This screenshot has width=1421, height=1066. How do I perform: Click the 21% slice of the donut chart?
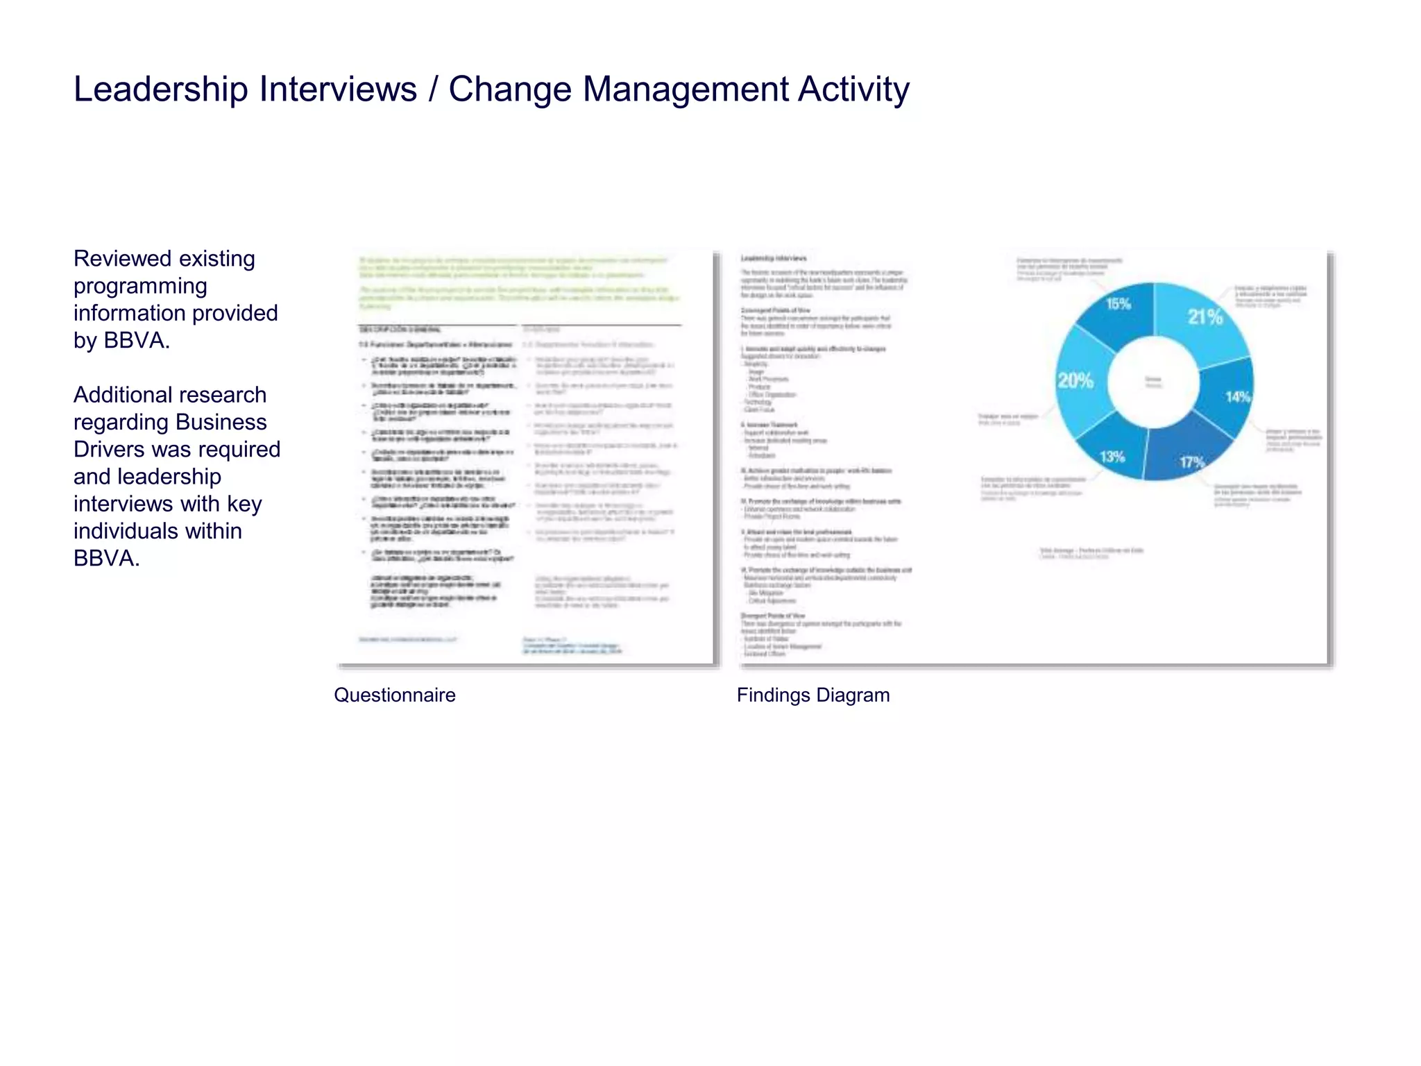click(1204, 318)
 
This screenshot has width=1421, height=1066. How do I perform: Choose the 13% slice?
click(1112, 455)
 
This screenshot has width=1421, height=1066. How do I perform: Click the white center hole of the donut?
click(1153, 381)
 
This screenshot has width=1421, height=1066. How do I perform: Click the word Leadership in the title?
click(160, 90)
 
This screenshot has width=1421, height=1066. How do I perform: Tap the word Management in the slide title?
click(686, 90)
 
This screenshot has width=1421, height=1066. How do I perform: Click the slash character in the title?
click(434, 90)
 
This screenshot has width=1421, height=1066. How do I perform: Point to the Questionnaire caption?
click(395, 695)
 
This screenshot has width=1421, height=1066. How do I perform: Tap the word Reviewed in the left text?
click(118, 258)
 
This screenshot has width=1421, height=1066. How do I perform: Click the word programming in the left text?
click(140, 286)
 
